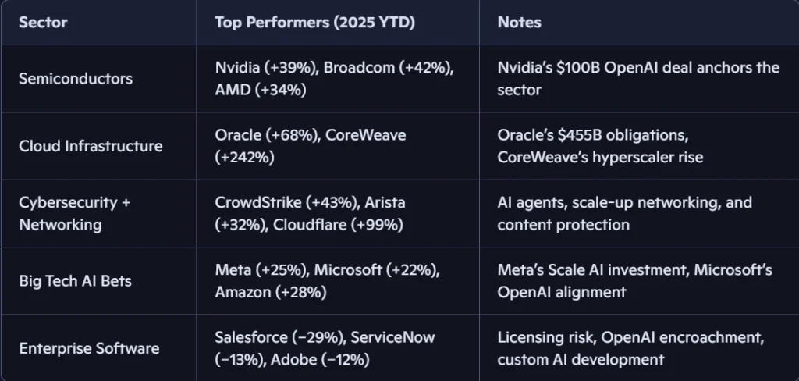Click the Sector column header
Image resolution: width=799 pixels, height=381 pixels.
(x=43, y=23)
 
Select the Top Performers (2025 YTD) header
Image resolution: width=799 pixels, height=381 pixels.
(x=314, y=23)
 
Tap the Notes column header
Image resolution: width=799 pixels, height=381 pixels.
(x=519, y=23)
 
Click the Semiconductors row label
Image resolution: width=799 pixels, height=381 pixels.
(x=76, y=79)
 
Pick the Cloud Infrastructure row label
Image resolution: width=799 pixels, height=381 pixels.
(x=91, y=146)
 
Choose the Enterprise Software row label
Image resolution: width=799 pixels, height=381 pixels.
(x=89, y=348)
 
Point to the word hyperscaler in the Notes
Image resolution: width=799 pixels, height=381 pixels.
(x=616, y=158)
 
